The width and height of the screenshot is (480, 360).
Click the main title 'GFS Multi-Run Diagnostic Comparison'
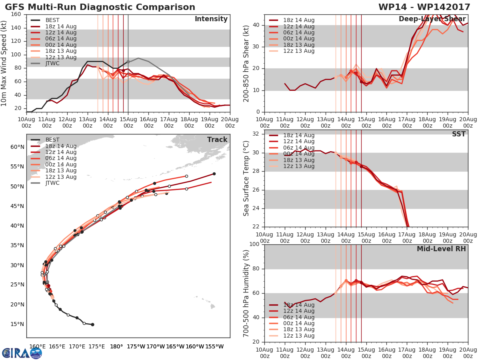click(100, 7)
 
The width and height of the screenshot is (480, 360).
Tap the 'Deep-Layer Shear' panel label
click(432, 19)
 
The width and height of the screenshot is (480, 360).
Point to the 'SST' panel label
click(458, 134)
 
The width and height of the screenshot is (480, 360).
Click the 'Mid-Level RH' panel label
click(441, 249)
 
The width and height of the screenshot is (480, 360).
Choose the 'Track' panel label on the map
click(217, 140)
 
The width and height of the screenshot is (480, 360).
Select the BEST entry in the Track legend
click(52, 140)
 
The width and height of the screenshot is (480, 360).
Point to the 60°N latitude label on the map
click(17, 147)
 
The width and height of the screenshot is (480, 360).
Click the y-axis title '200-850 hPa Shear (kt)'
click(246, 63)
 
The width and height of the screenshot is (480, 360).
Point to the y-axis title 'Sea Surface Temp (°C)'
click(246, 178)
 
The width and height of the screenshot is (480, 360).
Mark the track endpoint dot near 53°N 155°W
click(214, 174)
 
